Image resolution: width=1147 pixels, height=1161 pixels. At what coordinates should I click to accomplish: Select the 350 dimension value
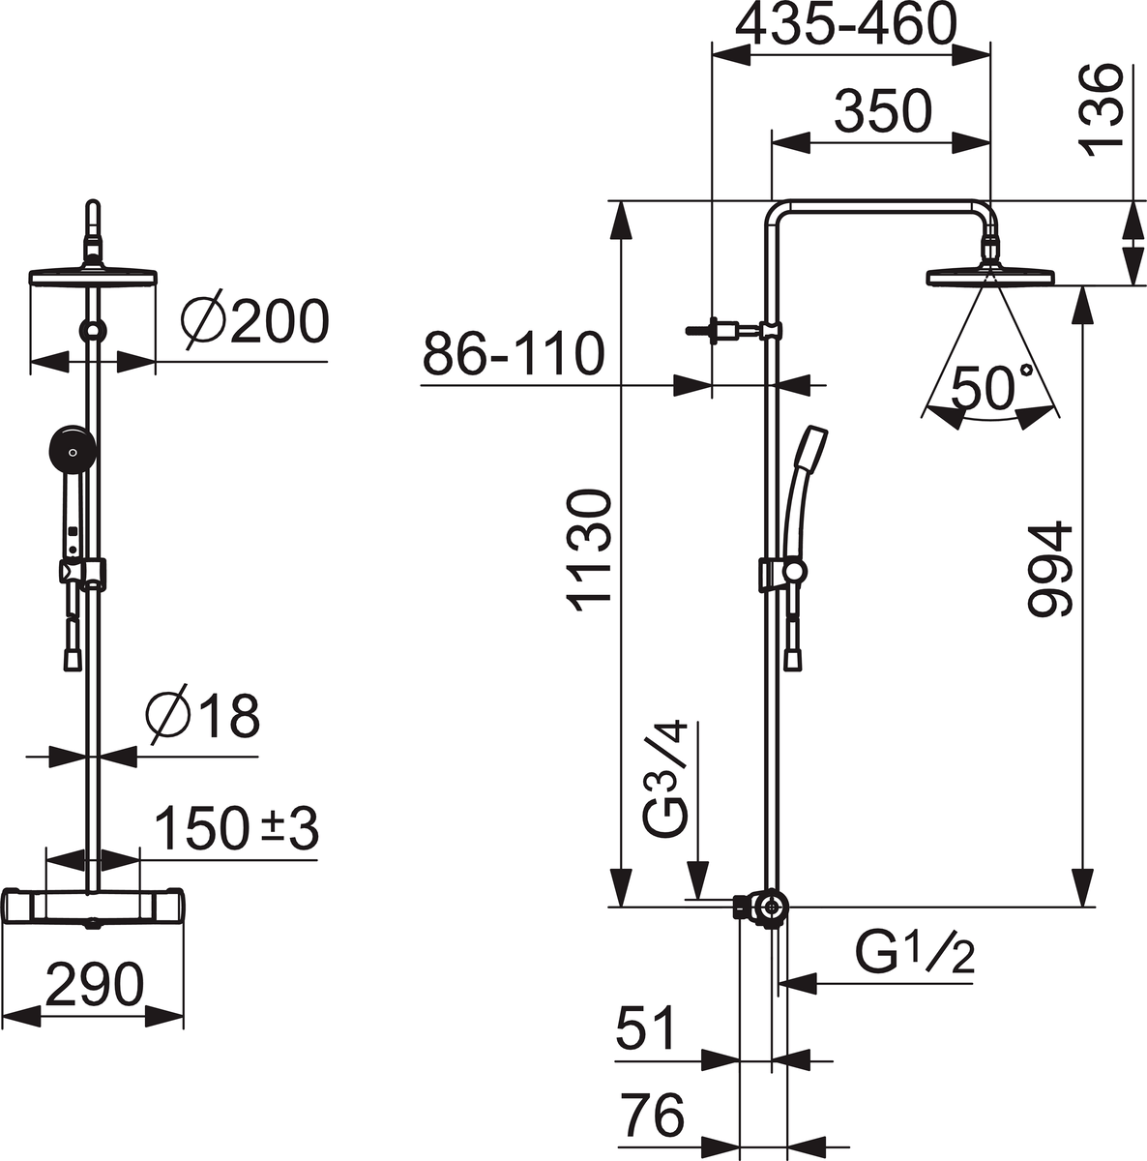click(883, 111)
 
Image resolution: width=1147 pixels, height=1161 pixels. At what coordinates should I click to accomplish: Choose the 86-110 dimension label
click(514, 354)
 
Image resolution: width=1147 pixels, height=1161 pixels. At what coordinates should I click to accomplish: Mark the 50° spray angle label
click(992, 387)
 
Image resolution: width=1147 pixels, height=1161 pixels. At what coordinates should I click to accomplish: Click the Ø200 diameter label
click(254, 322)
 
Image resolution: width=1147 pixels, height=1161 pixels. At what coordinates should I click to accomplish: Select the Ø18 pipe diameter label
click(202, 716)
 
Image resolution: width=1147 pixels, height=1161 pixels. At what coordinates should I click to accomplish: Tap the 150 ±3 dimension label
click(237, 828)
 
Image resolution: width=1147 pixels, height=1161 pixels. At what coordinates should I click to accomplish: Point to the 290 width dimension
click(95, 985)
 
